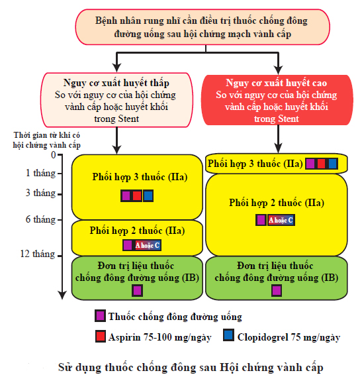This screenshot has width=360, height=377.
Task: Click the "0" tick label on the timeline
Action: pyautogui.click(x=54, y=155)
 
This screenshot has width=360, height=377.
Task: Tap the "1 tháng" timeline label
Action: pyautogui.click(x=40, y=173)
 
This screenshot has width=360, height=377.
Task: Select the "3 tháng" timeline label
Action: pyautogui.click(x=40, y=193)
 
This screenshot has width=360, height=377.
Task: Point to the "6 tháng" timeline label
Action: pyautogui.click(x=40, y=219)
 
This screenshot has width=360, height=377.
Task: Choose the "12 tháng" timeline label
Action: pyautogui.click(x=38, y=254)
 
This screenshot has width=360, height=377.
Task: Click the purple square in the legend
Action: pyautogui.click(x=100, y=316)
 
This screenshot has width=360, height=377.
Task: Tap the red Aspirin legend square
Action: pyautogui.click(x=100, y=337)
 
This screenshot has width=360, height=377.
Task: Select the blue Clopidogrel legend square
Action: pyautogui.click(x=228, y=335)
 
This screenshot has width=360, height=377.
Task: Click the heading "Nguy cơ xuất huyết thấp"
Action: pyautogui.click(x=116, y=83)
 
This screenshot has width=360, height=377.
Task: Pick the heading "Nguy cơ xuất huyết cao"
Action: pyautogui.click(x=277, y=83)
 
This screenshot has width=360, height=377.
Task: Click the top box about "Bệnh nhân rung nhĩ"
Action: pyautogui.click(x=202, y=27)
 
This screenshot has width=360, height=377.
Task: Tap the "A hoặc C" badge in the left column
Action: pyautogui.click(x=148, y=245)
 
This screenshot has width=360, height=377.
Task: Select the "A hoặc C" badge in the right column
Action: pyautogui.click(x=281, y=220)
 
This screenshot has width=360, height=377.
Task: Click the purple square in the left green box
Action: pyautogui.click(x=137, y=290)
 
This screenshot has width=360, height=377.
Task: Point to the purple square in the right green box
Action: pyautogui.click(x=277, y=290)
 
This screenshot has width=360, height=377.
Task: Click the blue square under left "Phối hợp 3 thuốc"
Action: pyautogui.click(x=148, y=195)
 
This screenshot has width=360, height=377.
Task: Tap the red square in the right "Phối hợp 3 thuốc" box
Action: pyautogui.click(x=322, y=164)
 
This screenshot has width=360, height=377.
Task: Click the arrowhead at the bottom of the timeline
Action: pyautogui.click(x=62, y=296)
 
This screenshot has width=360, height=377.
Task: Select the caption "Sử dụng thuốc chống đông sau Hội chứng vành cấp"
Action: pyautogui.click(x=191, y=368)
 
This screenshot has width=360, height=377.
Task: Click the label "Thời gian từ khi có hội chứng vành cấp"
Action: pyautogui.click(x=46, y=140)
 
